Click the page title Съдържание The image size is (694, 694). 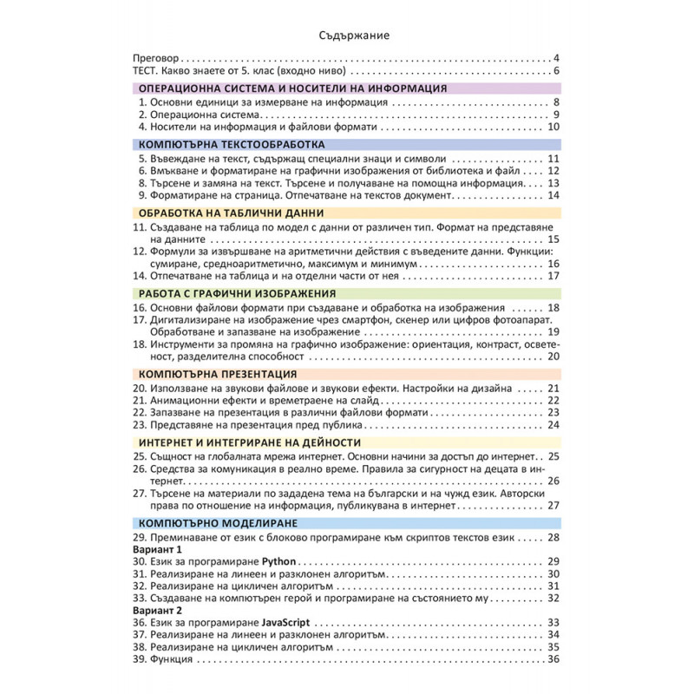pyautogui.click(x=347, y=36)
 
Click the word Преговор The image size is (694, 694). pyautogui.click(x=156, y=58)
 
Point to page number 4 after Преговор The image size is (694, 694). pyautogui.click(x=556, y=58)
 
